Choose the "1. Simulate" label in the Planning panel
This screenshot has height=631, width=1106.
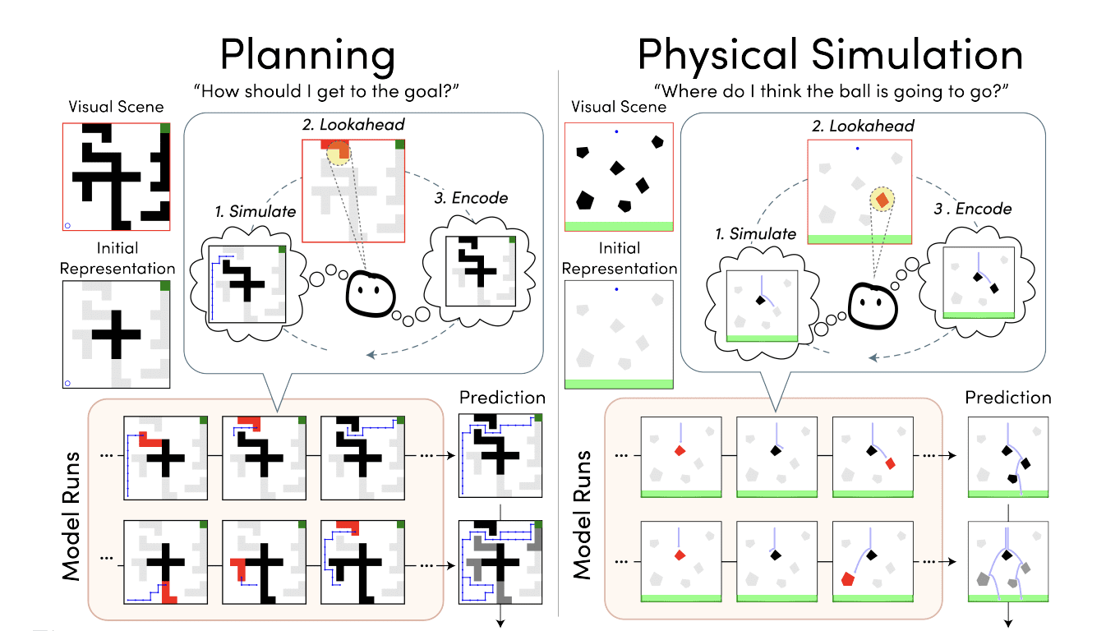[256, 211]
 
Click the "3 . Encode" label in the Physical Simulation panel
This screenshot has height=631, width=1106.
[975, 209]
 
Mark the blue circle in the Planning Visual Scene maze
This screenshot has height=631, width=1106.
[68, 224]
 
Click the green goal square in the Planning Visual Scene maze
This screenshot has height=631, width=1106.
[165, 128]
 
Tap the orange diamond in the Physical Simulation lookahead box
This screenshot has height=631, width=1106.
[882, 199]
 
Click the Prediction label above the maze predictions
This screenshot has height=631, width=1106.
[502, 398]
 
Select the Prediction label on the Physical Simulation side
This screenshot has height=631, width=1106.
[1008, 398]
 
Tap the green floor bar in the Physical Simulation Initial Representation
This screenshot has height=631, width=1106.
[619, 384]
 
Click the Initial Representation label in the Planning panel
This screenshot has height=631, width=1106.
[117, 258]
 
